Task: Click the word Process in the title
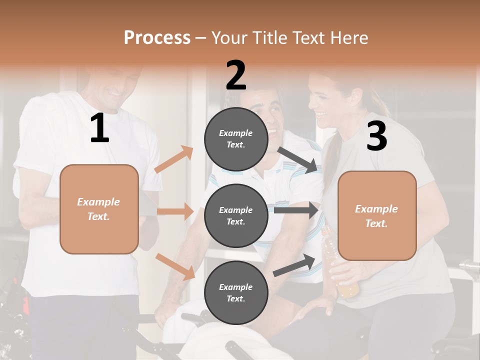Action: [157, 38]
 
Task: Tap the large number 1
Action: [99, 128]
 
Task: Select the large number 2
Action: [236, 75]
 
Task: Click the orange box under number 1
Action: [99, 209]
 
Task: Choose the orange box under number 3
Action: [377, 215]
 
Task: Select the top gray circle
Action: [236, 139]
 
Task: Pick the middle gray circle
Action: [236, 215]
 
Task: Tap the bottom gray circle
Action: [236, 292]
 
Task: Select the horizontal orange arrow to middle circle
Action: [175, 211]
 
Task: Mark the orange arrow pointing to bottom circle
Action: [175, 266]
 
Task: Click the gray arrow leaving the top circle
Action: [299, 160]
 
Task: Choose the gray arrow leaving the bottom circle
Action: [294, 265]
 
